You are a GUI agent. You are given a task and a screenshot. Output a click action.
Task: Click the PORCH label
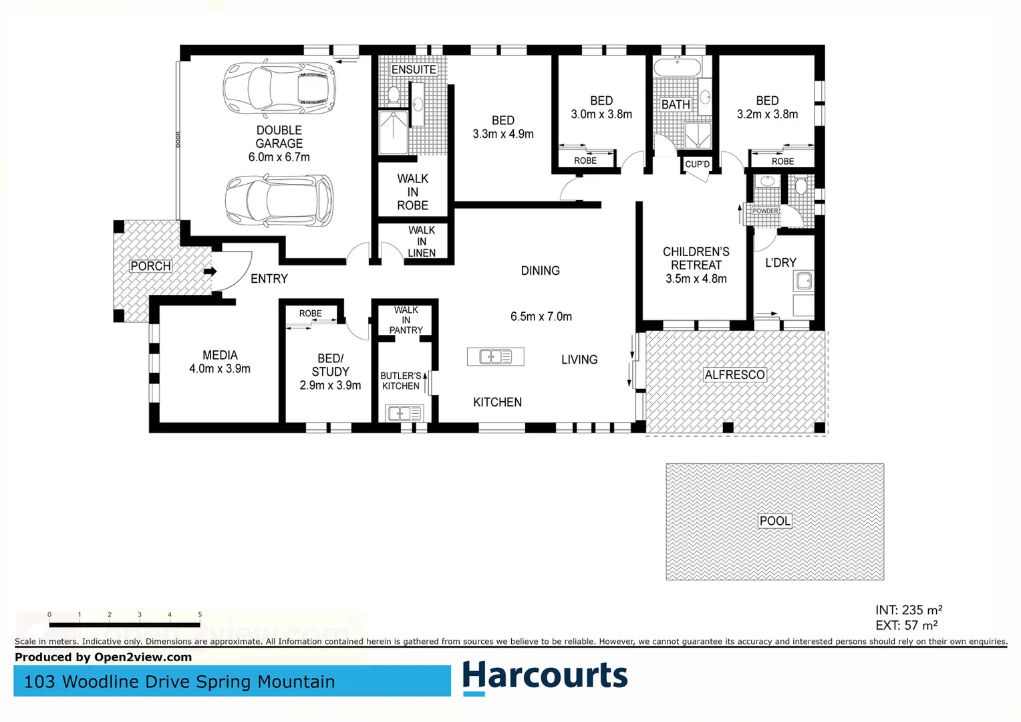pyautogui.click(x=151, y=266)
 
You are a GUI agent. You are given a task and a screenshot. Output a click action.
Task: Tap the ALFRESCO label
pyautogui.click(x=735, y=375)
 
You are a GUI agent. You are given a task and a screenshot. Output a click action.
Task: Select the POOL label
pyautogui.click(x=775, y=521)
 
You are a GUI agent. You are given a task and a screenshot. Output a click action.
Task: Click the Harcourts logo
pyautogui.click(x=545, y=677)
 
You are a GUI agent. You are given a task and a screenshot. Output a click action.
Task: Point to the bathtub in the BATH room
pyautogui.click(x=678, y=67)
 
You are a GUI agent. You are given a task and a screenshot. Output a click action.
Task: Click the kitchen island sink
pyautogui.click(x=495, y=357)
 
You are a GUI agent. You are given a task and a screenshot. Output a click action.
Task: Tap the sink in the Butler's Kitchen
pyautogui.click(x=404, y=414)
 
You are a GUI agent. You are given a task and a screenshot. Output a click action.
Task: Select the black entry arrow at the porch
pyautogui.click(x=210, y=271)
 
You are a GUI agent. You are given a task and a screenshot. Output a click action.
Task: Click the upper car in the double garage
pyautogui.click(x=279, y=88)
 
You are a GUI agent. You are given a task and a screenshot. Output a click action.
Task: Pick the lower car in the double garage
pyautogui.click(x=279, y=200)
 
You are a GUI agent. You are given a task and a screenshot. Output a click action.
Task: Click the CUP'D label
pyautogui.click(x=698, y=164)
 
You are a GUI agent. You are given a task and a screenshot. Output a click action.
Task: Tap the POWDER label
pyautogui.click(x=765, y=211)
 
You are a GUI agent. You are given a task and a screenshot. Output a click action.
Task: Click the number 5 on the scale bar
pyautogui.click(x=200, y=614)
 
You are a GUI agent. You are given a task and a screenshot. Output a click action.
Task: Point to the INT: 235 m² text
pyautogui.click(x=909, y=610)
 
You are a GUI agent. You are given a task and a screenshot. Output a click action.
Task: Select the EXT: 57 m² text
pyautogui.click(x=907, y=625)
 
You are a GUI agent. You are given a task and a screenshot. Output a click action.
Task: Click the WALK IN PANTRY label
pyautogui.click(x=406, y=320)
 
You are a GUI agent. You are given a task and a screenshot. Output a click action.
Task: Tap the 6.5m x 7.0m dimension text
pyautogui.click(x=541, y=316)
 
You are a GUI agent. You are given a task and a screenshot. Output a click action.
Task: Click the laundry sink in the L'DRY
pyautogui.click(x=804, y=281)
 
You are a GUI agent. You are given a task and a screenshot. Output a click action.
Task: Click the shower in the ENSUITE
pyautogui.click(x=394, y=133)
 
